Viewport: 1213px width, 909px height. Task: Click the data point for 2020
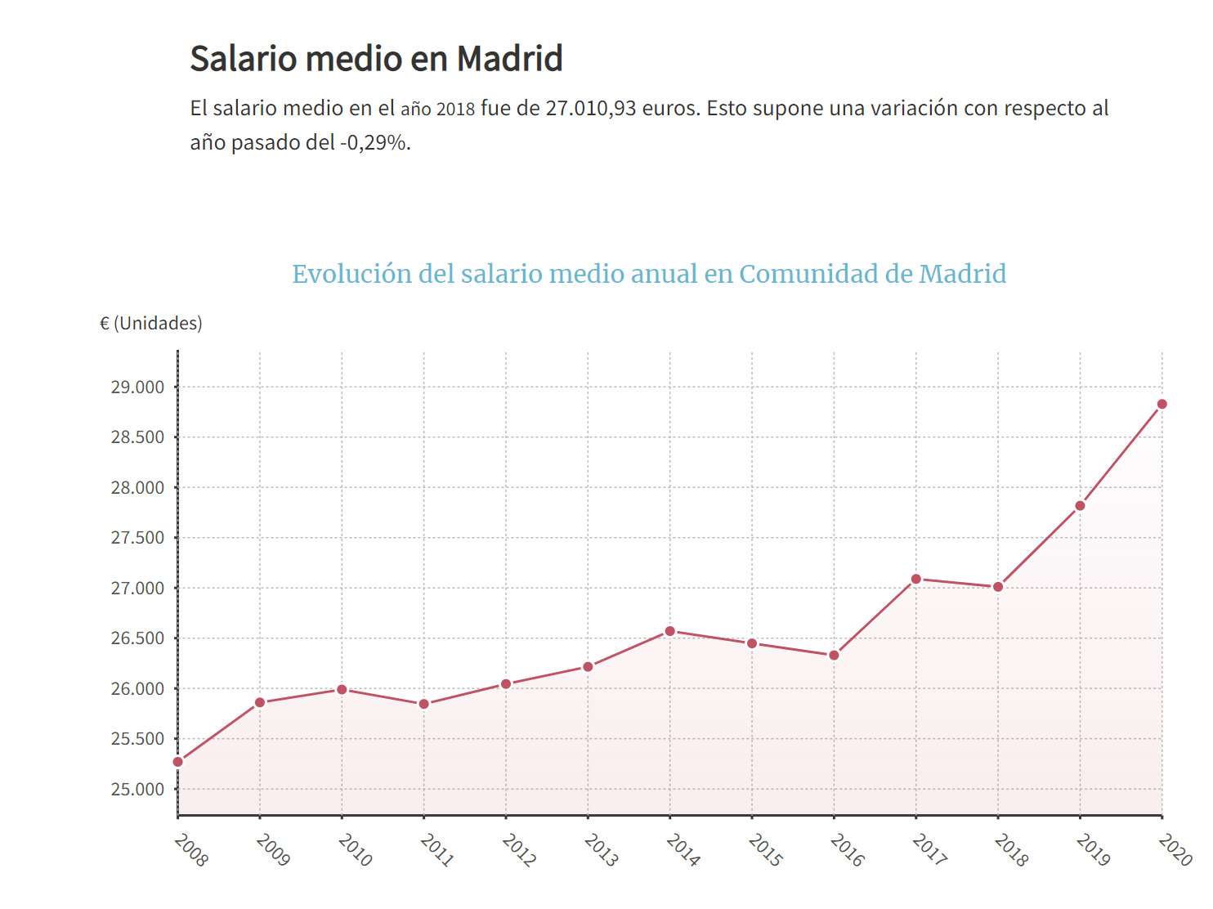(x=1162, y=405)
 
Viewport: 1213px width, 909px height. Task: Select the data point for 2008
(x=178, y=762)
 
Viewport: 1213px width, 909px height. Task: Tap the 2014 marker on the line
(x=670, y=631)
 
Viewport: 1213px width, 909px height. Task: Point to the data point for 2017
(x=916, y=580)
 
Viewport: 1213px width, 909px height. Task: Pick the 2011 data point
(x=424, y=704)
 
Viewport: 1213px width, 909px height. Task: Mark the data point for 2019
(x=1080, y=506)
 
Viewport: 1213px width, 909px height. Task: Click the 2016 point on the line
(x=834, y=656)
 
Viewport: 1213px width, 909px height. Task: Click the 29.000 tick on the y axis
(x=137, y=387)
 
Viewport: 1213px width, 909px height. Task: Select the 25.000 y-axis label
(x=137, y=790)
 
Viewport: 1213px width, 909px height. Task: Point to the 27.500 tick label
(x=137, y=538)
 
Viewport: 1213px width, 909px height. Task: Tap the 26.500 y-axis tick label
(x=137, y=638)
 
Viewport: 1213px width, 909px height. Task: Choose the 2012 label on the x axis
(x=519, y=850)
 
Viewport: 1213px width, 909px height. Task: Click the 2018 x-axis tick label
(x=1011, y=850)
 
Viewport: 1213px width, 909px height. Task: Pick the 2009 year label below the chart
(x=273, y=850)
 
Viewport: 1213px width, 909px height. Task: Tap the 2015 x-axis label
(x=765, y=850)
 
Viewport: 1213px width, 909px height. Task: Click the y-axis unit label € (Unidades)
(x=151, y=324)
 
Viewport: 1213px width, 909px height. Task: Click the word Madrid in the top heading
(x=509, y=59)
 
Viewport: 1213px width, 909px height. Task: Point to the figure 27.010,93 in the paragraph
(x=590, y=109)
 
